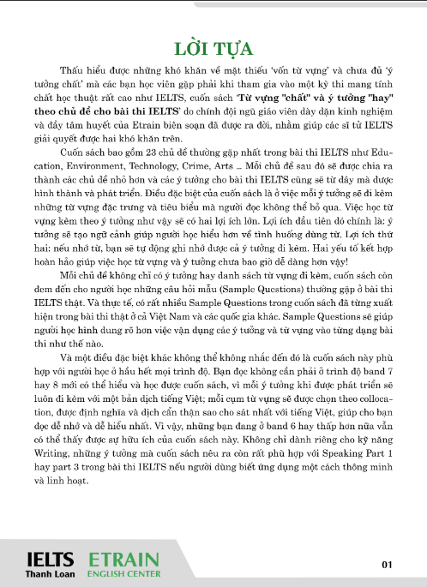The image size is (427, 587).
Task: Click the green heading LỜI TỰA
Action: (213, 45)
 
